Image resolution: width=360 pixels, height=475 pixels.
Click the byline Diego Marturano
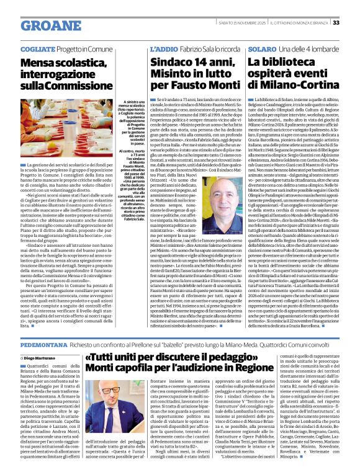click(x=44, y=358)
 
